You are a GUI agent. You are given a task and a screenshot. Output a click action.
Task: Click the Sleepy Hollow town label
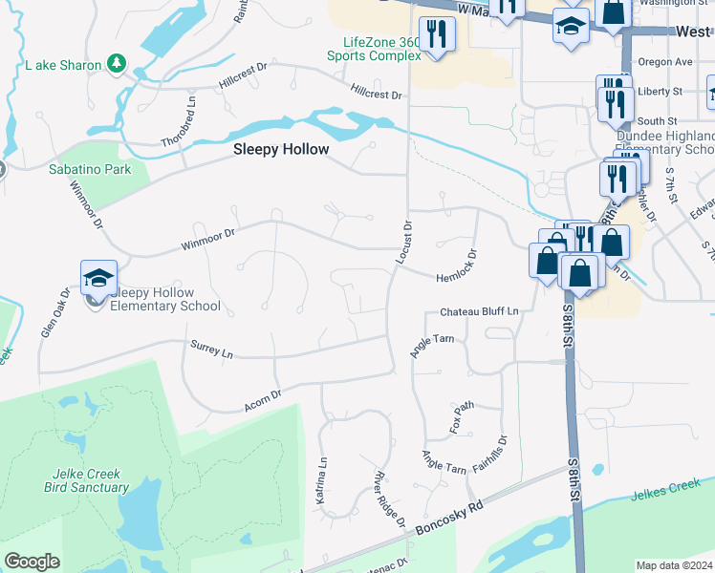pyautogui.click(x=282, y=150)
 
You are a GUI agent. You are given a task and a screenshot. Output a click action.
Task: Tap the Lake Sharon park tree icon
pyautogui.click(x=117, y=63)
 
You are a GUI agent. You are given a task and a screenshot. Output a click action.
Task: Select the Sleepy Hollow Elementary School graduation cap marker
pyautogui.click(x=98, y=278)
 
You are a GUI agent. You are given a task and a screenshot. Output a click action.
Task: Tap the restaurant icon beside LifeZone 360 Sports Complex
pyautogui.click(x=438, y=35)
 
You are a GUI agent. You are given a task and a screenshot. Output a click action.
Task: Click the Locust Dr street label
pyautogui.click(x=404, y=243)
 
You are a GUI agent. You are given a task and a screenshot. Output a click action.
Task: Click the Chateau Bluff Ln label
pyautogui.click(x=479, y=312)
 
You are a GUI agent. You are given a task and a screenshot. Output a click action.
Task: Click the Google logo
pyautogui.click(x=32, y=561)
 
